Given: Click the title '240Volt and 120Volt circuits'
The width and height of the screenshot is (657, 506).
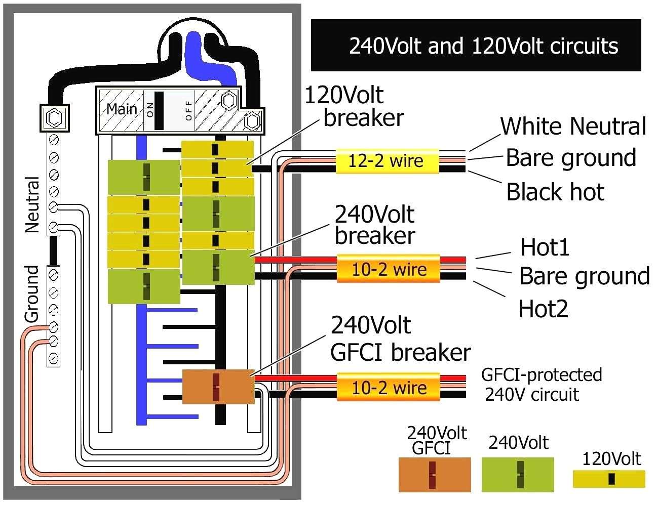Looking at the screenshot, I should pyautogui.click(x=483, y=46).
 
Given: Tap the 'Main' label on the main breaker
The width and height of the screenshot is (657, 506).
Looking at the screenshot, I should pyautogui.click(x=122, y=109).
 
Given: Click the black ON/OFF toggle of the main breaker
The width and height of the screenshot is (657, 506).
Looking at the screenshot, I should pyautogui.click(x=159, y=110).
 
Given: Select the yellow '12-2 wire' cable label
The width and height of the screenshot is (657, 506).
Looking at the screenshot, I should pyautogui.click(x=387, y=161).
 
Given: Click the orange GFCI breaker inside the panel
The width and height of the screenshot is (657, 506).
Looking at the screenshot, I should pyautogui.click(x=218, y=387).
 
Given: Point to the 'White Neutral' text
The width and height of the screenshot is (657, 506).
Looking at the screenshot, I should pyautogui.click(x=573, y=126).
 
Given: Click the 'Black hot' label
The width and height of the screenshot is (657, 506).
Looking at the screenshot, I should pyautogui.click(x=555, y=192).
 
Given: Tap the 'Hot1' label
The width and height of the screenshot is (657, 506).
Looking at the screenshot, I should pyautogui.click(x=545, y=247).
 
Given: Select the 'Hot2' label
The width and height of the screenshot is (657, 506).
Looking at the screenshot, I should pyautogui.click(x=543, y=309).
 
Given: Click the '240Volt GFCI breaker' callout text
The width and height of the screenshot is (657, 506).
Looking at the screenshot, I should pyautogui.click(x=400, y=339).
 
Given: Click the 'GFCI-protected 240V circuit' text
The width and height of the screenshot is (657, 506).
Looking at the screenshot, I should pyautogui.click(x=541, y=385).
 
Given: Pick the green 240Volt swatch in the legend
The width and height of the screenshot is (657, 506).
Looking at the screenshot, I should pyautogui.click(x=517, y=475).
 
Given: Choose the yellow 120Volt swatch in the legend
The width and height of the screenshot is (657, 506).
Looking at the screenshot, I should pyautogui.click(x=609, y=479).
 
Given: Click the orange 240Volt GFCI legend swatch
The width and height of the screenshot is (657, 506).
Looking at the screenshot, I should pyautogui.click(x=434, y=475).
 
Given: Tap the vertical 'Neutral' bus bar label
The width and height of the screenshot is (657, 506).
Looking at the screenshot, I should pyautogui.click(x=32, y=204).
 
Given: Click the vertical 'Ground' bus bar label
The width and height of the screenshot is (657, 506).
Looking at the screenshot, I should pyautogui.click(x=32, y=294).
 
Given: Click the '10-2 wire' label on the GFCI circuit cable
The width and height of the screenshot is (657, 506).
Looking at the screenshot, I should pyautogui.click(x=389, y=388).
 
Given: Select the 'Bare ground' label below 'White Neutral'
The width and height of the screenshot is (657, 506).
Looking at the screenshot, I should pyautogui.click(x=571, y=158).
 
